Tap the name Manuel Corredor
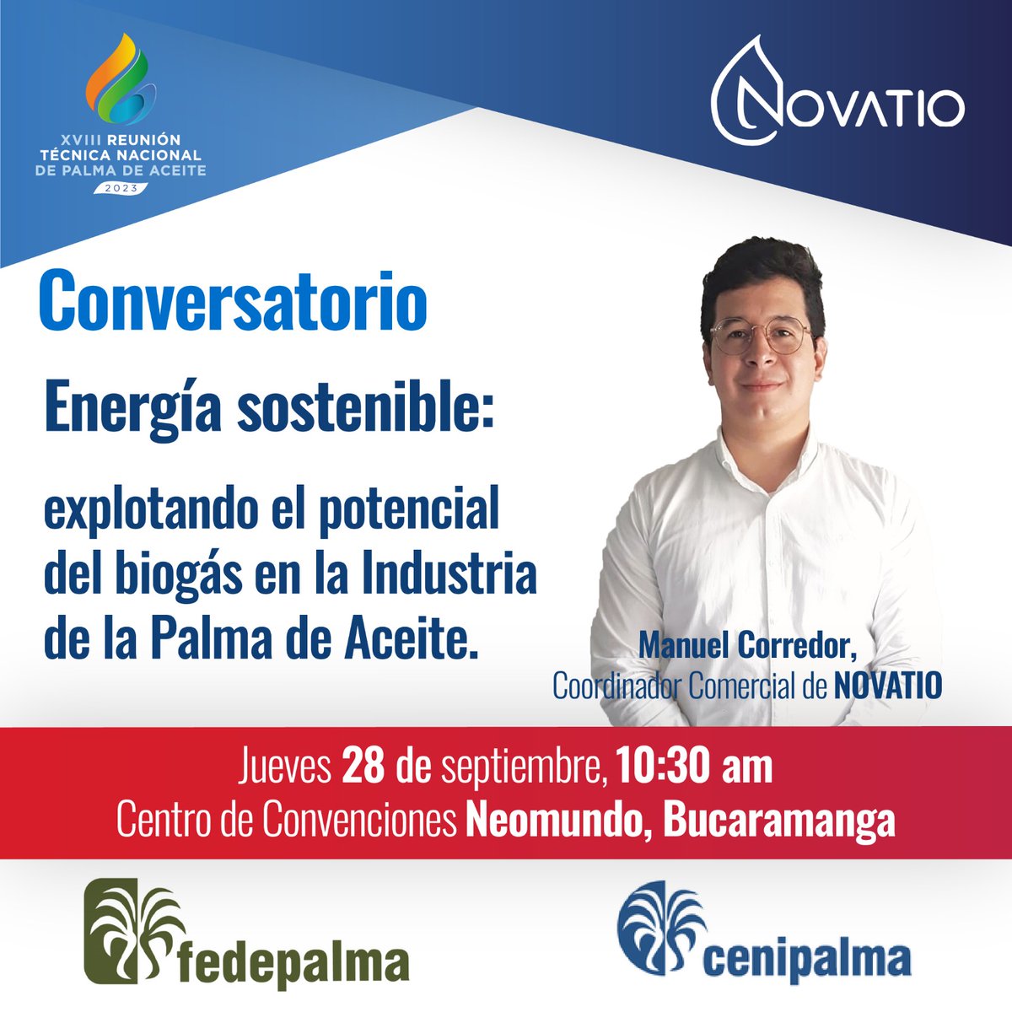[747, 647]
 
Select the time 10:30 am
[694, 767]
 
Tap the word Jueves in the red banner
[283, 767]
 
